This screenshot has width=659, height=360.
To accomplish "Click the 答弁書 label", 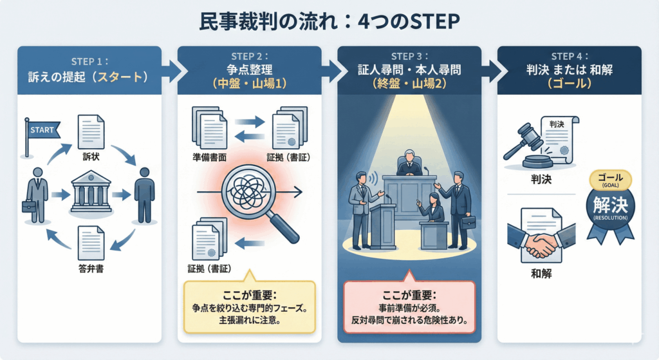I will click(90, 269).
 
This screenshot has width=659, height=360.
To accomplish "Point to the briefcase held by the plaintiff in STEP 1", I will click(29, 206).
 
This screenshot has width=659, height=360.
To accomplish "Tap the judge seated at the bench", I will click(409, 164).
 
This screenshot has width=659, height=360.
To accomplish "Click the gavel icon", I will click(526, 145).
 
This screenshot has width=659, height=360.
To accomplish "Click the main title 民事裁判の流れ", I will click(270, 21).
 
